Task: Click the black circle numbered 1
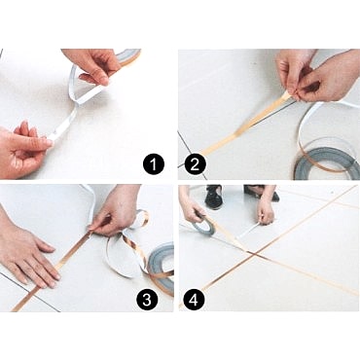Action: pyautogui.click(x=154, y=164)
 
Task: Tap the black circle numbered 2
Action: pyautogui.click(x=195, y=164)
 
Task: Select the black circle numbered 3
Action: pyautogui.click(x=148, y=299)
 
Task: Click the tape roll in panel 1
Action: pyautogui.click(x=128, y=57)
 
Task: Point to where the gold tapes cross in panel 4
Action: pyautogui.click(x=255, y=254)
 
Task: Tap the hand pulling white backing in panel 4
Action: pyautogui.click(x=266, y=211)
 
